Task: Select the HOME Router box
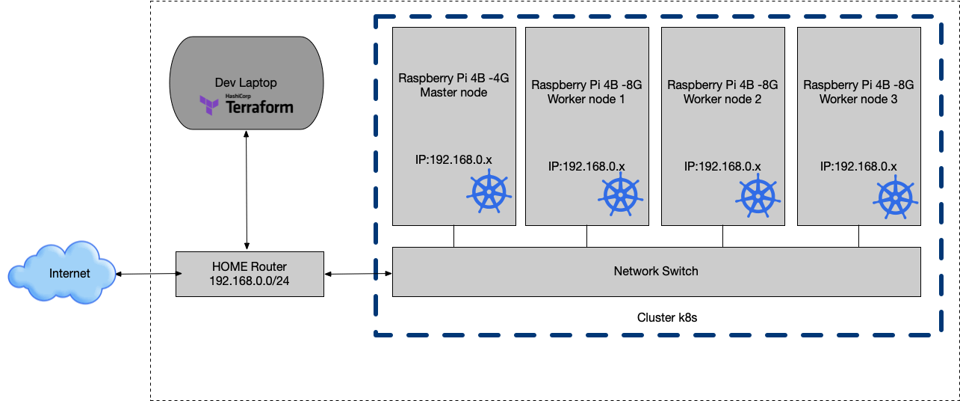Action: point(250,274)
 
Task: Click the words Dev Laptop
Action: point(246,82)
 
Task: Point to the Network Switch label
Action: point(656,271)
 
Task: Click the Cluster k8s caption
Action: point(667,317)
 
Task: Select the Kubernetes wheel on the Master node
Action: point(489,193)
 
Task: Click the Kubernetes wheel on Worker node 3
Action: point(894,198)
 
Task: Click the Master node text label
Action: point(453,93)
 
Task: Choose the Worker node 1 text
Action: point(586,99)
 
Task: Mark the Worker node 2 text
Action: point(722,99)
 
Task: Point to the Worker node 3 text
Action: point(858,99)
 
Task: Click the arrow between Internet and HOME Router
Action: point(146,274)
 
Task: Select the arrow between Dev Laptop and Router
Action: point(247,190)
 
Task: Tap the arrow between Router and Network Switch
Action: point(359,274)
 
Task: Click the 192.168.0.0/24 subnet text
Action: point(250,280)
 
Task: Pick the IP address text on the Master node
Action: point(453,160)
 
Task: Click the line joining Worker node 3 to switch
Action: point(858,236)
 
